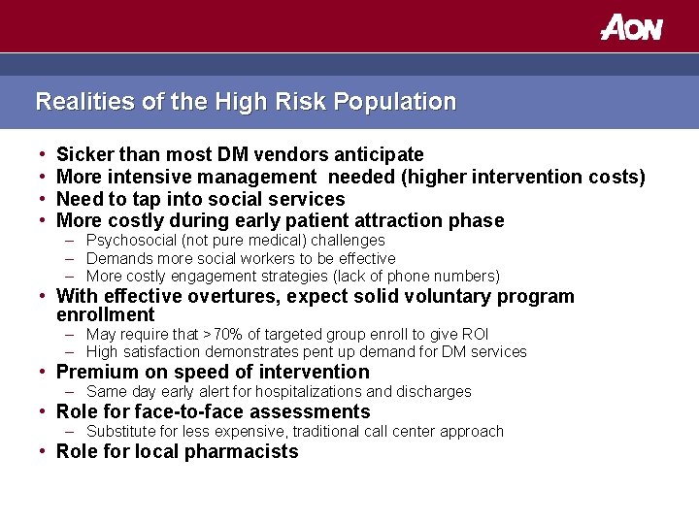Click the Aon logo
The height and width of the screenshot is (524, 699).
click(x=631, y=26)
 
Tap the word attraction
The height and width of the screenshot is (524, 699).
click(x=397, y=220)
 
